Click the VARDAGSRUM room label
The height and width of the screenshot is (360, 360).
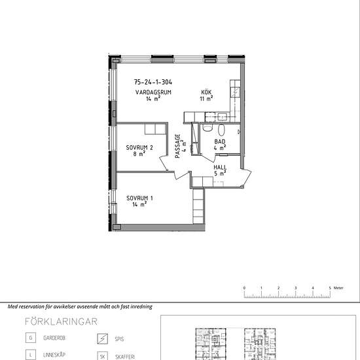click(x=153, y=92)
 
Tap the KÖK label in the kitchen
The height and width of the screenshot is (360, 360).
click(x=206, y=92)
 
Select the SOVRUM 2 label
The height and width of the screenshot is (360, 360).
click(x=139, y=148)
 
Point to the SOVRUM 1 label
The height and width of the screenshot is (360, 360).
click(x=139, y=198)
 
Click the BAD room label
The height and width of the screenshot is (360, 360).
click(x=220, y=141)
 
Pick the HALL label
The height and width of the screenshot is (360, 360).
click(x=220, y=168)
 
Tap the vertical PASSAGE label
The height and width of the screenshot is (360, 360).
click(x=177, y=146)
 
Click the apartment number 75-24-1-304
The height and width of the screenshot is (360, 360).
click(x=153, y=82)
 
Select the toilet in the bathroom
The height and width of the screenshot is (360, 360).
click(x=207, y=128)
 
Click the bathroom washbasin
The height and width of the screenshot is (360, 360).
click(x=221, y=130)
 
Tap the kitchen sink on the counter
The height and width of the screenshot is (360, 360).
click(x=223, y=117)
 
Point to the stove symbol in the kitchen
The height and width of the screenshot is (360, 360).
click(x=236, y=92)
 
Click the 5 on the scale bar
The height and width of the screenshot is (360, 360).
click(x=330, y=288)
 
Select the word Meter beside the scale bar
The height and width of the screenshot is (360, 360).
click(x=338, y=288)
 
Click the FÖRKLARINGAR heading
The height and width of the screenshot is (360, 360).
click(x=61, y=321)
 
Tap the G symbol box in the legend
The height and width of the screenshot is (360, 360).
click(x=31, y=338)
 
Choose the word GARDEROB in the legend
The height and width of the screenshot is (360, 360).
click(x=54, y=338)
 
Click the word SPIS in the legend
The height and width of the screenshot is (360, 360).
click(x=119, y=339)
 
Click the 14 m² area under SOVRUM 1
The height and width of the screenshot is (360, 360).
click(x=139, y=204)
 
